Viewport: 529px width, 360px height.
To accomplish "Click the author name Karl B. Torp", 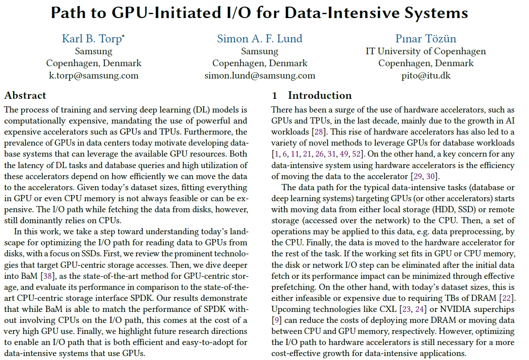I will click(x=91, y=39).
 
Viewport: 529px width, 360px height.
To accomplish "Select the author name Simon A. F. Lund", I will click(x=260, y=39).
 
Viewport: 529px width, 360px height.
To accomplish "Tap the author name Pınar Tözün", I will click(x=426, y=39).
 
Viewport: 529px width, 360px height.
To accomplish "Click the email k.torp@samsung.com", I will click(x=94, y=75).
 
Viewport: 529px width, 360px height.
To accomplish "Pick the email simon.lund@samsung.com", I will click(x=260, y=75).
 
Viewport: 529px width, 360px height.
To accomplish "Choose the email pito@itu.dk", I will click(x=426, y=75).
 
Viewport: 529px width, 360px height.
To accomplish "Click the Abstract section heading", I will click(x=25, y=95).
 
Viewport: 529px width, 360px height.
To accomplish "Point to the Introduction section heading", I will click(x=320, y=95).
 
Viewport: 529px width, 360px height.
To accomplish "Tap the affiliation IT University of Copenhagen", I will click(x=426, y=51).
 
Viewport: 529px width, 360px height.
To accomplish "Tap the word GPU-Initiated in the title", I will click(x=158, y=13).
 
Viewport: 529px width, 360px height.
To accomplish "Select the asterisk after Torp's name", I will click(x=123, y=36).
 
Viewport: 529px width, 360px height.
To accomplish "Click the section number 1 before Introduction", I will click(x=274, y=95).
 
